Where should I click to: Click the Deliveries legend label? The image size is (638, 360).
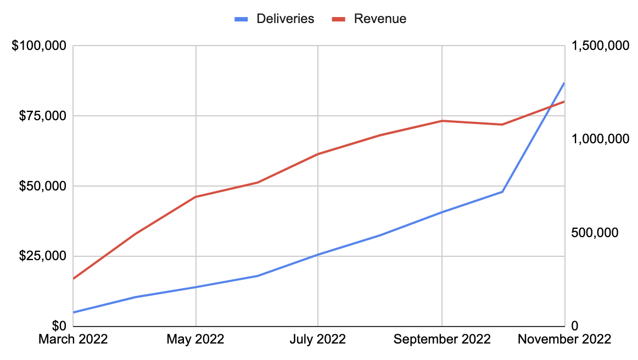pos(285,19)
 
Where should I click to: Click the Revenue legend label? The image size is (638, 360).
pos(380,19)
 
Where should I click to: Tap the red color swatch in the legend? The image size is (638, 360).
pos(338,19)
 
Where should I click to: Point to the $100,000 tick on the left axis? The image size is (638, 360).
pos(39,46)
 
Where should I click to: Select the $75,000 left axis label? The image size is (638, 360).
pos(42,116)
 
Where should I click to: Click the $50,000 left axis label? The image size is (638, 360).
pos(42,186)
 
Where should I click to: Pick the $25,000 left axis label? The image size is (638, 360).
pos(42,256)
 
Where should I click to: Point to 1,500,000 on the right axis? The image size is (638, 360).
pos(599,46)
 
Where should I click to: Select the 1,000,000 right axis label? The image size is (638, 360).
pos(599,139)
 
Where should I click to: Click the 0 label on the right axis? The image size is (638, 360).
pos(574,326)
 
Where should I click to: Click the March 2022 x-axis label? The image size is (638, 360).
pos(73,340)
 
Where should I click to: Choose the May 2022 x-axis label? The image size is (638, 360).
pos(196,340)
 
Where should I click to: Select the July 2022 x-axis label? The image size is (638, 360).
pos(318,340)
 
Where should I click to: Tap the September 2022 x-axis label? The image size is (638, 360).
pos(442,340)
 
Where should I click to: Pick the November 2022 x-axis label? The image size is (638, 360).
pos(564,340)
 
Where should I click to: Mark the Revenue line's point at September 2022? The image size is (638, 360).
pos(442,121)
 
